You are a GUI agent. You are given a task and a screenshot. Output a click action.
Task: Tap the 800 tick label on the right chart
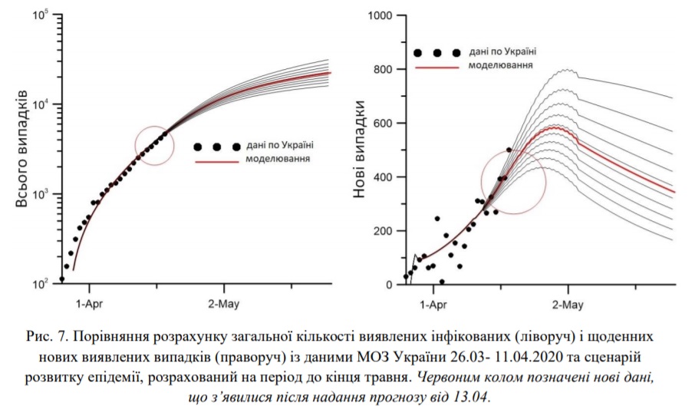click(383, 70)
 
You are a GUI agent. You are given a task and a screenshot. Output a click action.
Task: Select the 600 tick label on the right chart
click(383, 124)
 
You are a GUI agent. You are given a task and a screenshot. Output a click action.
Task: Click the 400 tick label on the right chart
click(383, 177)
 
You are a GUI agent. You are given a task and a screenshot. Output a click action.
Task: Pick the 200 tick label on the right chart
click(383, 231)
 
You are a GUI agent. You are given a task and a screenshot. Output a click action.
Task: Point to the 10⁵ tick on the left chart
click(41, 15)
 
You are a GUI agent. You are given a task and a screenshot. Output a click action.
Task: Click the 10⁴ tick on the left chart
click(41, 104)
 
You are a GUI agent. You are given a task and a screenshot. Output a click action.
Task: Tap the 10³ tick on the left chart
click(41, 194)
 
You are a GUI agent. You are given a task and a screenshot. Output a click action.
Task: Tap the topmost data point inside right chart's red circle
click(509, 150)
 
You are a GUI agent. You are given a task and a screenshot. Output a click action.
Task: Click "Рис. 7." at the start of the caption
click(48, 336)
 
